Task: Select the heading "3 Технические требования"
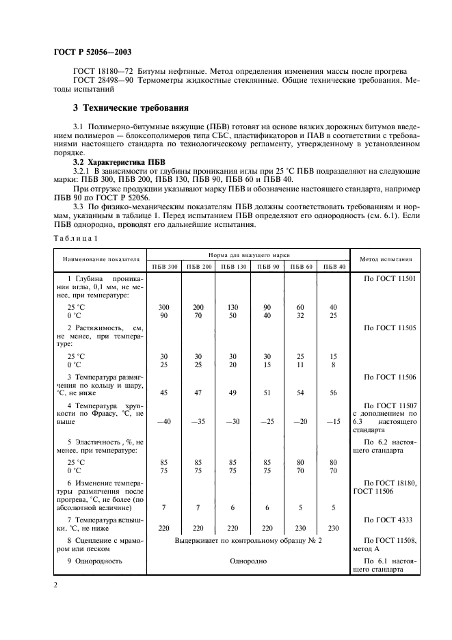(131, 108)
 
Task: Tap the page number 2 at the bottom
(54, 585)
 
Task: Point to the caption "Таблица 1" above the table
(75, 237)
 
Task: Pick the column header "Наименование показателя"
(101, 260)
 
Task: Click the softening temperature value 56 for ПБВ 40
(333, 393)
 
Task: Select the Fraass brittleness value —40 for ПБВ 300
(163, 422)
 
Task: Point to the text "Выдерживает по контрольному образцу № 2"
(248, 540)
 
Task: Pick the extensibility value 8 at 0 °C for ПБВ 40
(333, 365)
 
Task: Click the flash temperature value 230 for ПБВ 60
(299, 528)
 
